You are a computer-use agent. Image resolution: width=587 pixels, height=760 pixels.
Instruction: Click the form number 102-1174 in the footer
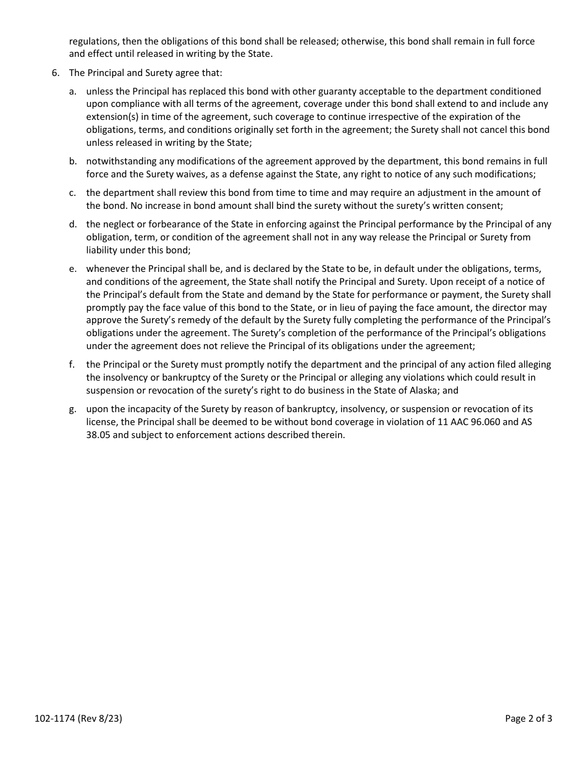54,718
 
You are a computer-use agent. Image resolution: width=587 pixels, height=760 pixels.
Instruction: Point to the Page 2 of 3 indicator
528,718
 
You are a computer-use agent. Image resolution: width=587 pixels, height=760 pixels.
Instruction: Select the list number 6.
56,73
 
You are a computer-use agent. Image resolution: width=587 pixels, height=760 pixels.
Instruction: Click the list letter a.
72,91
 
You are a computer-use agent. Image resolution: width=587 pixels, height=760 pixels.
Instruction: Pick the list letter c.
72,193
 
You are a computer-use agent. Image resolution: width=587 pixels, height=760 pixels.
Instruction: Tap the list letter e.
72,269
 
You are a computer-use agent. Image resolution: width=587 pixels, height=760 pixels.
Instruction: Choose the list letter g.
72,409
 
